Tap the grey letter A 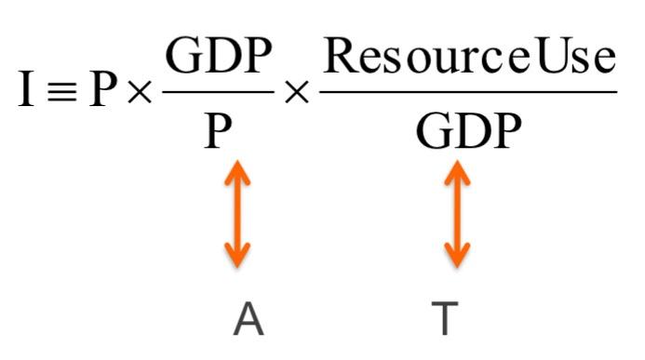(x=248, y=319)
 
